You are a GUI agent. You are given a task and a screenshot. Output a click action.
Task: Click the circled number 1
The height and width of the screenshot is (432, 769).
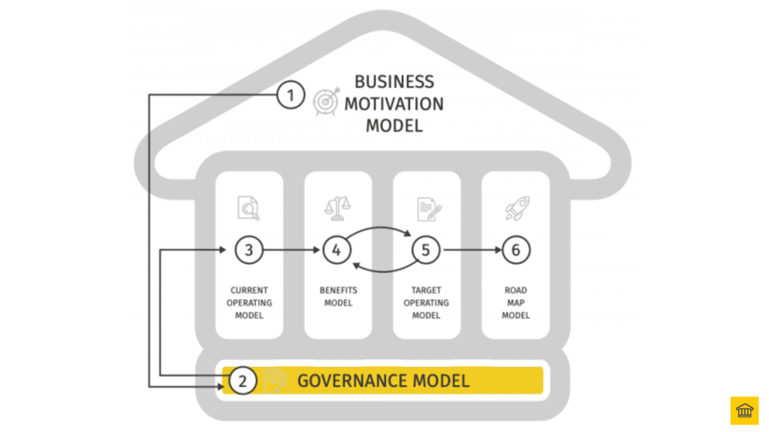click(x=291, y=95)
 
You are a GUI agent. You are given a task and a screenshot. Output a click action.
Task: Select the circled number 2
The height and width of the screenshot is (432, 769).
click(x=242, y=380)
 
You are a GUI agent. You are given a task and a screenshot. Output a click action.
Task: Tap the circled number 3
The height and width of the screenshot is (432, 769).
click(x=249, y=250)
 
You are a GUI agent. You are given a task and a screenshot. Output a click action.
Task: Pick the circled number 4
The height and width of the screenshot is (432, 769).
click(x=336, y=250)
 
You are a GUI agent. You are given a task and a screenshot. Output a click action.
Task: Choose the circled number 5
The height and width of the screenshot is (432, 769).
click(x=426, y=250)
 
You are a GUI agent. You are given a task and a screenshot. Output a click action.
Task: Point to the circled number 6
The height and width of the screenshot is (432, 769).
click(x=515, y=250)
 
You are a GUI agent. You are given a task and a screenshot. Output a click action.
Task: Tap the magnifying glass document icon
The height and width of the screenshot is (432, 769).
click(x=249, y=208)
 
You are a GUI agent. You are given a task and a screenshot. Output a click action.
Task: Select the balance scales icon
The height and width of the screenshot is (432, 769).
click(x=336, y=208)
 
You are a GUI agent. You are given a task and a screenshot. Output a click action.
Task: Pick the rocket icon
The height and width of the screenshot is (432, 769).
click(x=516, y=208)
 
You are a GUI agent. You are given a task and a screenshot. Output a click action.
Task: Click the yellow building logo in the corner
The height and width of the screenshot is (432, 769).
click(x=744, y=410)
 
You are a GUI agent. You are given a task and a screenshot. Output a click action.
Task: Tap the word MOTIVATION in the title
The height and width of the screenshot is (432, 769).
click(x=394, y=103)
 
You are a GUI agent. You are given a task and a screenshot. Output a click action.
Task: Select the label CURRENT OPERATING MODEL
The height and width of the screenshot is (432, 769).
click(x=249, y=303)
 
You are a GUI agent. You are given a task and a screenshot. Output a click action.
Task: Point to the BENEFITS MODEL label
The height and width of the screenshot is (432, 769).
click(x=337, y=296)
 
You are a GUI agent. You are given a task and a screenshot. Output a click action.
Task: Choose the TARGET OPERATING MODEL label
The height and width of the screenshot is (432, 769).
click(x=426, y=303)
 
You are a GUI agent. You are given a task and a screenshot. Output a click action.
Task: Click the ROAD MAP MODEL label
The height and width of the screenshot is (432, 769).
click(x=515, y=303)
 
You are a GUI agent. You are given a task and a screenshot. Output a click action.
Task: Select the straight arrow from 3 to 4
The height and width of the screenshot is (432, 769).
click(x=293, y=250)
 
